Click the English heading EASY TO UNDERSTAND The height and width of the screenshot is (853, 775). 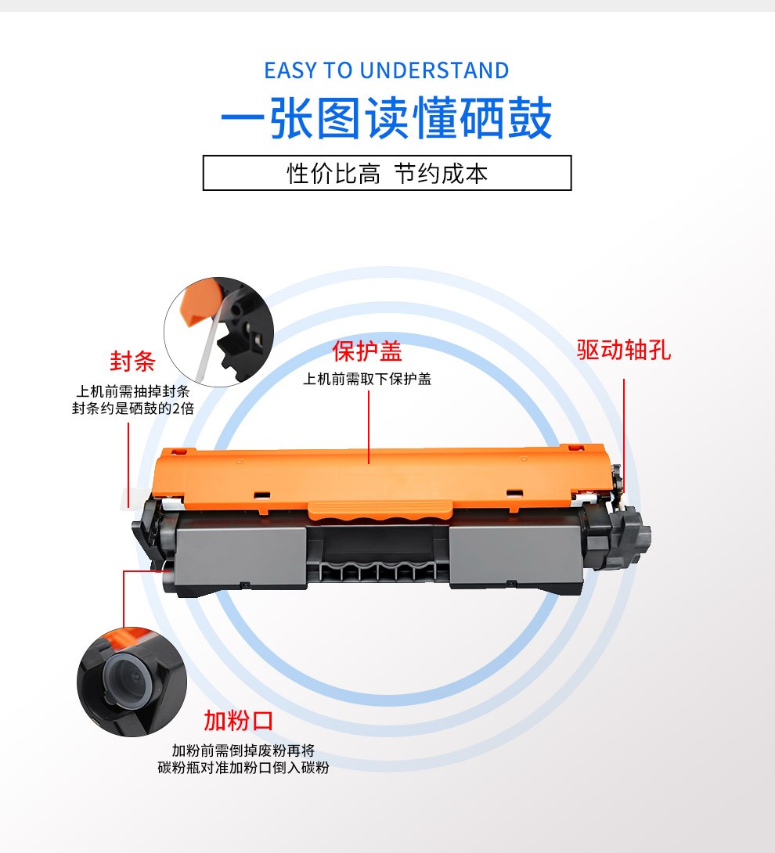coord(387,70)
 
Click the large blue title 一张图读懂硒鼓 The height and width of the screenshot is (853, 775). coord(387,118)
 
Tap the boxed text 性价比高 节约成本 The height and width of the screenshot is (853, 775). coord(387,174)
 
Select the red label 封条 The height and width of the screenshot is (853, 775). coord(132,362)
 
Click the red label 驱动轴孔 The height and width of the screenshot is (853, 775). coord(624,350)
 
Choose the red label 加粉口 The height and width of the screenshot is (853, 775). coord(239,721)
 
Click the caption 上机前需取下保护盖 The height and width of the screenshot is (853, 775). coord(367,380)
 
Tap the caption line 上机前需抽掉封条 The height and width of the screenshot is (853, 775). coord(133,391)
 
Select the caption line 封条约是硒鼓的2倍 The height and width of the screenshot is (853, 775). coord(133,408)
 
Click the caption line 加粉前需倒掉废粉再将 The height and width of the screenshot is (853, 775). coord(243,750)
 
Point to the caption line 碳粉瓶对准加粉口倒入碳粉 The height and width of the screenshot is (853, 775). coord(243,768)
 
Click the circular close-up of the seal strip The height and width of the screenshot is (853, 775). coord(218,332)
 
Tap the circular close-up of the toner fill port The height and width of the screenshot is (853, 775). coord(132,682)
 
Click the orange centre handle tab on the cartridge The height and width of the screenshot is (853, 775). coord(380,510)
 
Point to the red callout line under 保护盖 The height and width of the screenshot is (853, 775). coord(369,427)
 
